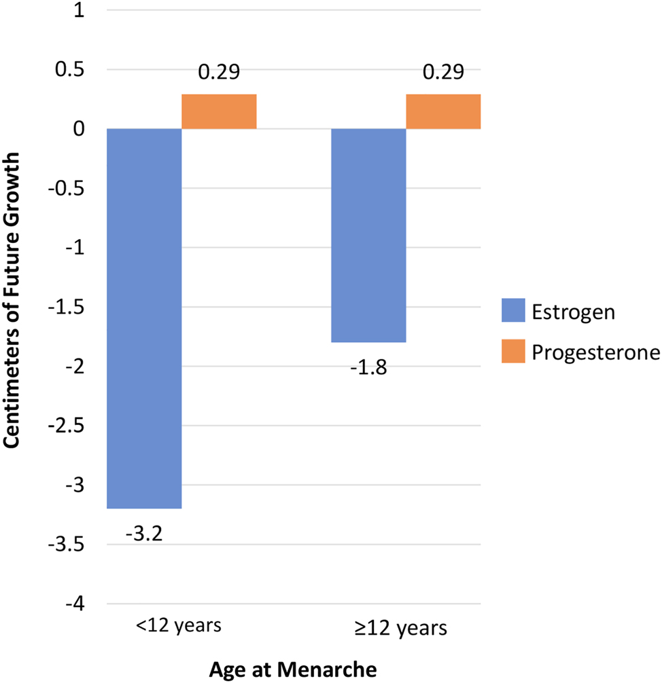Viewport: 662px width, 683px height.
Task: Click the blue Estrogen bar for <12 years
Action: [144, 318]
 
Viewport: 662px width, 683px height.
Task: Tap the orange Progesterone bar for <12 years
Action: [219, 111]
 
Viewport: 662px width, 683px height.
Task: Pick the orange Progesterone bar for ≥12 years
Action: [443, 111]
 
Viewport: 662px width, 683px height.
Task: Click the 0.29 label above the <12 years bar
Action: [219, 71]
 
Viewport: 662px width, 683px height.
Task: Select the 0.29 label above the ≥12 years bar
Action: [443, 71]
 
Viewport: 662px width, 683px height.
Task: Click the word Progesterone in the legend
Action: [596, 351]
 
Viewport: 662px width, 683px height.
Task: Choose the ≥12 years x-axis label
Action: [405, 627]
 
